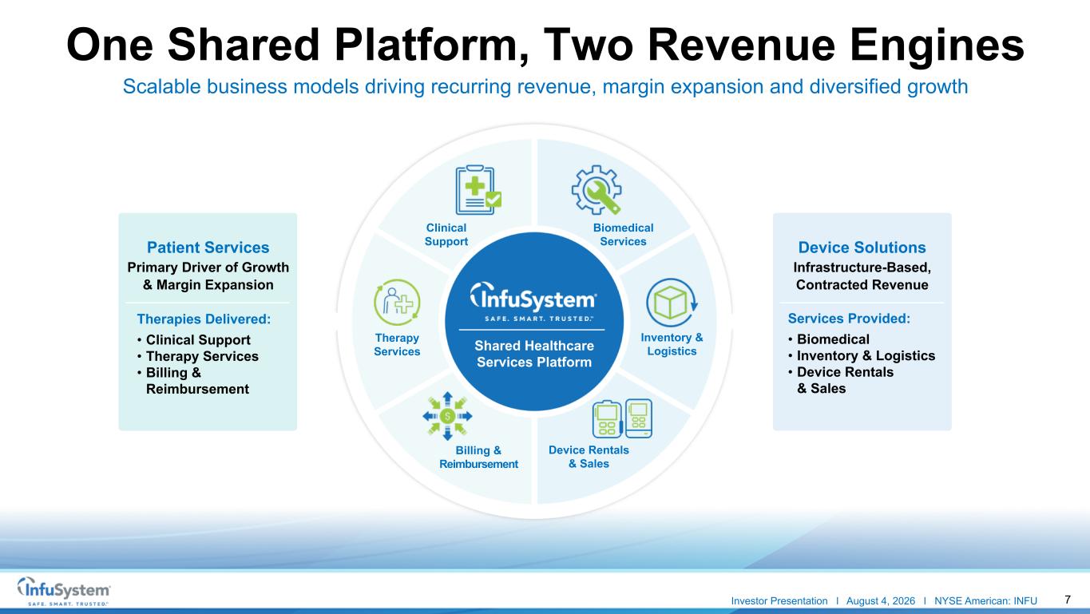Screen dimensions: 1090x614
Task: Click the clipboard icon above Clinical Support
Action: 478,190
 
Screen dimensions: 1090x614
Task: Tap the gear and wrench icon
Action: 597,190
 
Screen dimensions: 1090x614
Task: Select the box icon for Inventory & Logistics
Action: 672,302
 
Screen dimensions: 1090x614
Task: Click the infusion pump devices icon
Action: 622,418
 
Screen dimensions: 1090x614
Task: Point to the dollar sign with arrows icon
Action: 447,416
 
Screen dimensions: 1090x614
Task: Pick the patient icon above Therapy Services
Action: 397,302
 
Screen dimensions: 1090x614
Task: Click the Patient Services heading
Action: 208,248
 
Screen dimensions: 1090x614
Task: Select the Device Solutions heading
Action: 862,248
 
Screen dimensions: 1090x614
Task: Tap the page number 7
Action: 1068,600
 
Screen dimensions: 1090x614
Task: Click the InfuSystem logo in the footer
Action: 64,591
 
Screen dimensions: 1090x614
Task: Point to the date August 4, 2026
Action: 880,601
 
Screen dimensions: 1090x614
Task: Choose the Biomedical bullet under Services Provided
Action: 833,339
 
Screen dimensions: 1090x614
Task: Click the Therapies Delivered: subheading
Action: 204,319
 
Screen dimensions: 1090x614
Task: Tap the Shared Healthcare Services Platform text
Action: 533,354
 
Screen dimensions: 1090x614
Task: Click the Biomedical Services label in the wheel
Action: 623,235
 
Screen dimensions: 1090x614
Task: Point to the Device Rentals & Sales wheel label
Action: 589,457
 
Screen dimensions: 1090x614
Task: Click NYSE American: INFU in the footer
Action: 985,601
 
